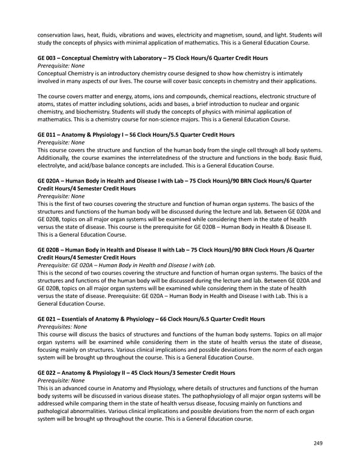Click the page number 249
click(318, 443)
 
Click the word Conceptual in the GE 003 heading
click(80, 57)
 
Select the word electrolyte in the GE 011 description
click(54, 165)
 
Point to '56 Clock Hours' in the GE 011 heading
click(148, 135)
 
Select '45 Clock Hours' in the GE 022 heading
click(151, 372)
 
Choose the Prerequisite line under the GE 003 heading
click(61, 65)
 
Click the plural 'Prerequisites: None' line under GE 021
click(62, 326)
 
